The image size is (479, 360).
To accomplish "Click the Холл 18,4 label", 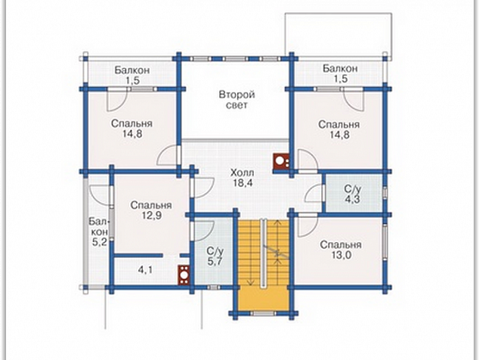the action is click(x=242, y=178).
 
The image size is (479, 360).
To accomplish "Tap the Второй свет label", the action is click(x=236, y=100).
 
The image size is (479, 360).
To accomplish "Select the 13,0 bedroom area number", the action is click(x=341, y=255).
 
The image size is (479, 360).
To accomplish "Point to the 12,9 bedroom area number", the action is click(x=151, y=216).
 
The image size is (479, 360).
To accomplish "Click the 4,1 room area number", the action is click(x=145, y=270).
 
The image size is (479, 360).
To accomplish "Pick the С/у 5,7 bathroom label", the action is click(x=215, y=257).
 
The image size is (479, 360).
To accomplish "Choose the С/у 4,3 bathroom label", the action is click(x=352, y=194).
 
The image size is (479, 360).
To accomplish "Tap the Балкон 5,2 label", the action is click(x=99, y=232).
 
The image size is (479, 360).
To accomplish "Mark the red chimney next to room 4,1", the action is click(x=184, y=275).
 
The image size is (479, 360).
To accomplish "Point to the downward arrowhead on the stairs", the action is click(x=250, y=282).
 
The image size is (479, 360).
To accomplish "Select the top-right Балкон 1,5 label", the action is click(x=340, y=73).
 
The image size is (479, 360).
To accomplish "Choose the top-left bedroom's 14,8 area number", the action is click(x=132, y=135).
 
